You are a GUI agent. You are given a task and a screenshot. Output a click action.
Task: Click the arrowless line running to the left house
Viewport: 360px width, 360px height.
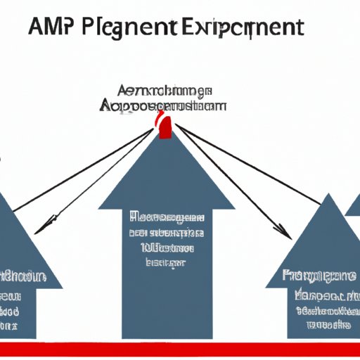tap(84, 169)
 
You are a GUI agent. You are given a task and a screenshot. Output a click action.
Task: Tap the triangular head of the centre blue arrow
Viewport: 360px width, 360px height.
tap(166, 176)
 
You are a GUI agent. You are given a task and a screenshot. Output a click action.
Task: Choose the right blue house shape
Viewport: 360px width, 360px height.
tap(320, 267)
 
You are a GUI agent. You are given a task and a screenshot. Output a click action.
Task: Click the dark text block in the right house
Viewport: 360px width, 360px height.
tap(320, 299)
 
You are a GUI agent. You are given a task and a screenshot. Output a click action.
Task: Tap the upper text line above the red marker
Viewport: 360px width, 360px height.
tap(166, 92)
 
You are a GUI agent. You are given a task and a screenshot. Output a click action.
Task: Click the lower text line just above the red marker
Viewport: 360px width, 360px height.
tap(166, 105)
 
